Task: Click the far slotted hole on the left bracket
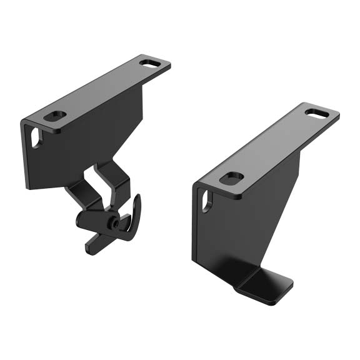149,62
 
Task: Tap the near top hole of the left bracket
56,116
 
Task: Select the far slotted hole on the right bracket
316,113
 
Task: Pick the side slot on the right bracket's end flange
207,201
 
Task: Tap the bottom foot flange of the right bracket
266,284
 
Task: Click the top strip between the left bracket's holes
103,89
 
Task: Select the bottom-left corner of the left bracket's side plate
29,187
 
